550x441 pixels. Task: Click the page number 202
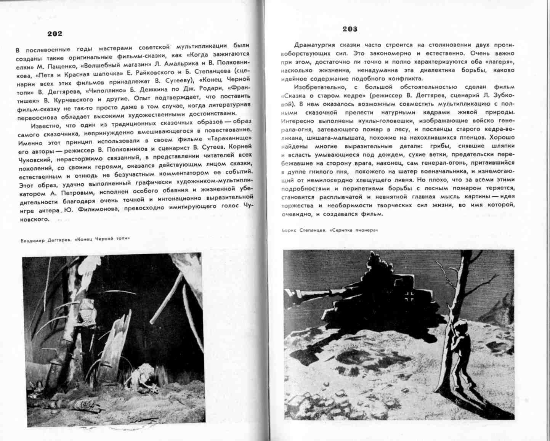click(55, 34)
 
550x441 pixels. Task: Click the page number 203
click(350, 29)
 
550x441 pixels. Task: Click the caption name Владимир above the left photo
click(32, 240)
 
